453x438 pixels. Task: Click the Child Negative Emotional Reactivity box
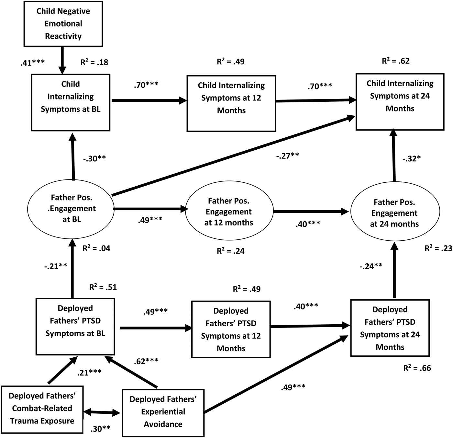tap(63, 24)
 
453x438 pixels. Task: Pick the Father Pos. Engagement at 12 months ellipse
tap(229, 212)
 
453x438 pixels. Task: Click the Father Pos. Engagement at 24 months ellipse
tap(394, 213)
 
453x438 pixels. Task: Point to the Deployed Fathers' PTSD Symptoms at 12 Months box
tap(231, 329)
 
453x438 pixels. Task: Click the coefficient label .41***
tap(32, 62)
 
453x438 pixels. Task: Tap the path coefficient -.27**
tap(288, 156)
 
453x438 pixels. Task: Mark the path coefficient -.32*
tap(411, 159)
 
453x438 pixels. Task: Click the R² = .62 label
tap(396, 61)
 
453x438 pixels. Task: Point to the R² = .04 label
tap(96, 248)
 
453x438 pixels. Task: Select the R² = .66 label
tap(417, 368)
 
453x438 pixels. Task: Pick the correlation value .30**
tap(101, 429)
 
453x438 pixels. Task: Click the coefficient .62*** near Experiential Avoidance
tap(146, 361)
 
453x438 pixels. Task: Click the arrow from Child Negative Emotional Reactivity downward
tap(62, 60)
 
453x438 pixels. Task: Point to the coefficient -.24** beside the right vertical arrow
tap(371, 266)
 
